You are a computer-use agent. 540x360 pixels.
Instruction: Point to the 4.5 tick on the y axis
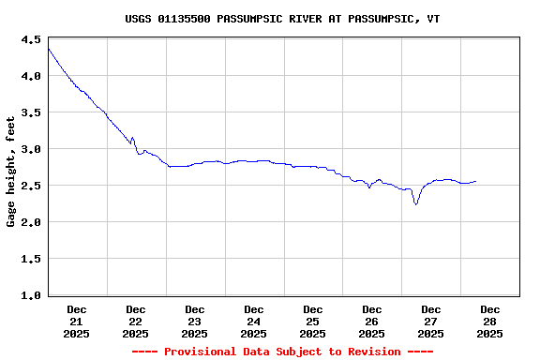tap(30, 39)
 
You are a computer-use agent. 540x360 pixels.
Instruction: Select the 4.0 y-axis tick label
tap(30, 76)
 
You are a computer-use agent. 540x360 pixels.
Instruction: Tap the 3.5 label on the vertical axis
tap(30, 112)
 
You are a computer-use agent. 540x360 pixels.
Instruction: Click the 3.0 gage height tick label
tap(30, 149)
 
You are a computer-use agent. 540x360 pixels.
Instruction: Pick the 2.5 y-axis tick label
tap(30, 186)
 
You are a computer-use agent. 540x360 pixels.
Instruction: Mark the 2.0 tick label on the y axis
tap(30, 222)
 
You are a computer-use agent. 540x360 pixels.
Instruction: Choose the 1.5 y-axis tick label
tap(30, 259)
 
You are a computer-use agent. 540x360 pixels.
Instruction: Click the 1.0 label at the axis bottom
tap(30, 295)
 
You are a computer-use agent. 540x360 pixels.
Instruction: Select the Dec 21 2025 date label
tap(77, 321)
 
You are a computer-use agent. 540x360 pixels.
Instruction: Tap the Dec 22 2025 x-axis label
tap(136, 321)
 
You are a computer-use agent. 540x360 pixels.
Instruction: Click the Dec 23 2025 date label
tap(195, 321)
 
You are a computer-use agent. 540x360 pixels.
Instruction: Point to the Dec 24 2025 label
tap(254, 321)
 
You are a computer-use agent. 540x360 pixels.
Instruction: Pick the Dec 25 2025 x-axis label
tap(313, 321)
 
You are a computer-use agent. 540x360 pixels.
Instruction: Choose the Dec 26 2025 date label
tap(372, 321)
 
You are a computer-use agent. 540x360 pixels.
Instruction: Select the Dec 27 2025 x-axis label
tap(431, 321)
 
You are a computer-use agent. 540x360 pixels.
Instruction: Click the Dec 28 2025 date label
tap(490, 321)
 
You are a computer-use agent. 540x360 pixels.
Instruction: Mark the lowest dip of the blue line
tap(416, 203)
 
